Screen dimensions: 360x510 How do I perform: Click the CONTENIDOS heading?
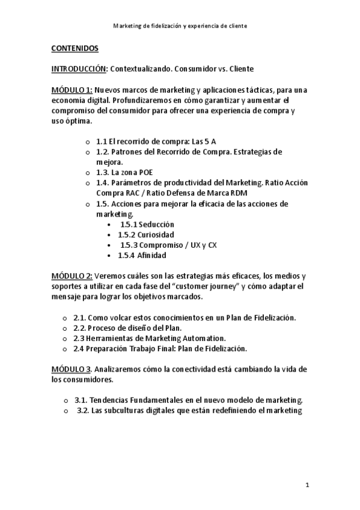pyautogui.click(x=75, y=48)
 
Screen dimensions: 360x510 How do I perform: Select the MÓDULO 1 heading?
pyautogui.click(x=72, y=90)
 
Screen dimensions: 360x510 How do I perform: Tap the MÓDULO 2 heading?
pyautogui.click(x=72, y=275)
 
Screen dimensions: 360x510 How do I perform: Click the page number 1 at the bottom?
pyautogui.click(x=307, y=485)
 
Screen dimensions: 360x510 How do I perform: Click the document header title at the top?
pyautogui.click(x=180, y=26)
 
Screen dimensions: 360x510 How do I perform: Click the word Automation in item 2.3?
pyautogui.click(x=204, y=338)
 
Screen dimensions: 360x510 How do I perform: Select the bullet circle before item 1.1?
pyautogui.click(x=88, y=142)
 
